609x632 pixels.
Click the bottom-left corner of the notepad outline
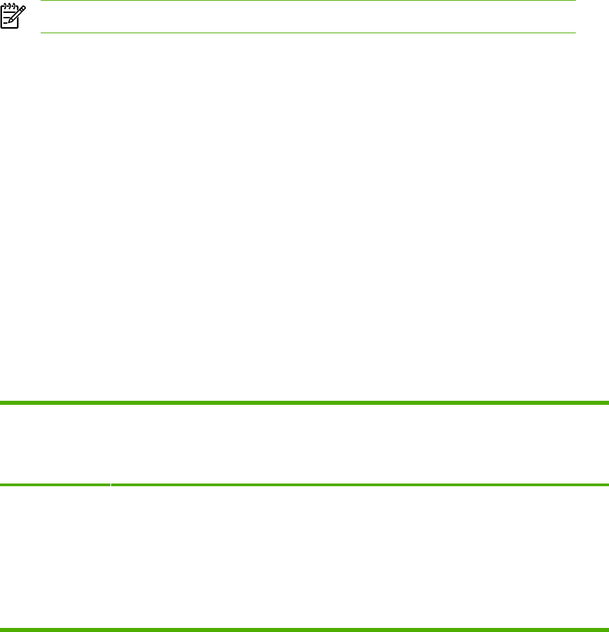pos(3,28)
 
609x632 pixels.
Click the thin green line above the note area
pos(308,1)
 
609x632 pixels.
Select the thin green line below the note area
pos(308,33)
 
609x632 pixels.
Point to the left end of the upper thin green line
pos(42,1)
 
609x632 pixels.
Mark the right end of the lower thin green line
pos(574,33)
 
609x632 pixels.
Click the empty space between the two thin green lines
pos(308,17)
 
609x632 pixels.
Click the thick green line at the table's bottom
pos(304,629)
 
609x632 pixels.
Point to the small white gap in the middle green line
pos(110,485)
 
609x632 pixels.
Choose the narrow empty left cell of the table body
pos(54,556)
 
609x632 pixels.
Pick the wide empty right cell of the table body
pos(359,556)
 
